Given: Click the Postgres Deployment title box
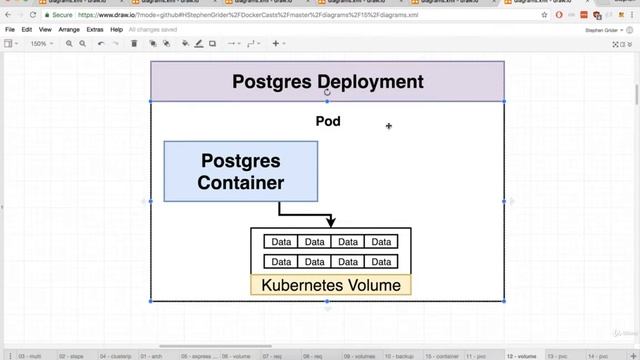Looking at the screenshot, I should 327,81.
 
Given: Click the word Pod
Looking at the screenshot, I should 328,121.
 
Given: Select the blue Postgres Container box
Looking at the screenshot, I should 240,171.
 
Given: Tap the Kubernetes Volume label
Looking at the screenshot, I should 330,285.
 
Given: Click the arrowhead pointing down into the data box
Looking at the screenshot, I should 331,222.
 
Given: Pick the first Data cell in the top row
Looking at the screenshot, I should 281,242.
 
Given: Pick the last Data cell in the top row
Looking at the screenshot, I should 380,242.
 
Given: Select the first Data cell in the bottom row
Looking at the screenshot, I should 281,262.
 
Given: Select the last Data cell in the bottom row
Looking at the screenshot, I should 380,262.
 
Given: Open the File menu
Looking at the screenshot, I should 10,30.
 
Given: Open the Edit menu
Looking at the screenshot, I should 27,30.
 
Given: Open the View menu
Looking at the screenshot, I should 45,30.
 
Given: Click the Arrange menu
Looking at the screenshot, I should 69,30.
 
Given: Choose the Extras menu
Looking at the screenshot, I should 95,30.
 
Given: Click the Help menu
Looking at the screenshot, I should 117,30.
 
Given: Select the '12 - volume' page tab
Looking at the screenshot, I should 521,355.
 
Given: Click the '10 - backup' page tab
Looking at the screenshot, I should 399,355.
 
